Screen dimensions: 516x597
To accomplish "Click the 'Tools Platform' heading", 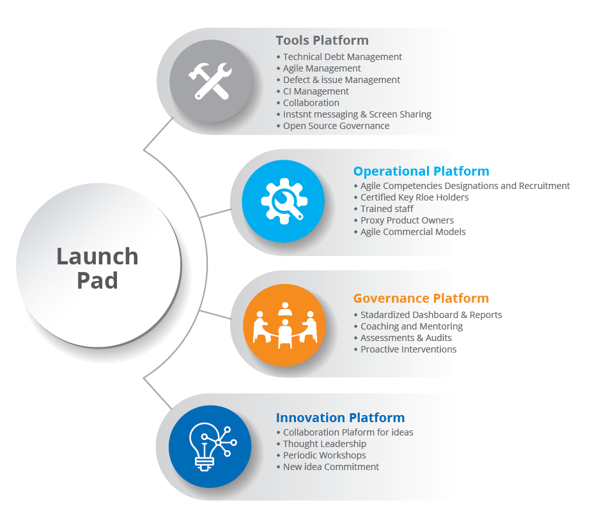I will (x=322, y=40).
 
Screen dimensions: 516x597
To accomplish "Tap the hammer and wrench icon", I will (x=209, y=82).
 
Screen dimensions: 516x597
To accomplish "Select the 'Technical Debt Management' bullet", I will (x=342, y=57).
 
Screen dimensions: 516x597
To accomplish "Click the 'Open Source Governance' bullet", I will (x=336, y=126).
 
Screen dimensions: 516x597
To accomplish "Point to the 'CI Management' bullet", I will (x=316, y=91).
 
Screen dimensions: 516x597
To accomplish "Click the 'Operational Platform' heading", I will (x=421, y=171).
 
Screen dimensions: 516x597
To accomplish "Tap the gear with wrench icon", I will (x=283, y=202).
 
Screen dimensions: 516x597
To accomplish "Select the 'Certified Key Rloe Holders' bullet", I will (x=414, y=197).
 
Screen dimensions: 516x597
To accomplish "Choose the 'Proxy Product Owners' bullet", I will (x=407, y=220).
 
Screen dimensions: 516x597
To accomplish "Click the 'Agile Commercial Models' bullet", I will (x=413, y=232).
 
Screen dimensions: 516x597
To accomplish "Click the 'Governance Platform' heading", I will (x=421, y=298).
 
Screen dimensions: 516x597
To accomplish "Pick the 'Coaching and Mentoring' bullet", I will (x=411, y=326).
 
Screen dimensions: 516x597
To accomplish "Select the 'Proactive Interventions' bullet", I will (x=408, y=349).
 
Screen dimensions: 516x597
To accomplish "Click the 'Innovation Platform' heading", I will (x=340, y=418).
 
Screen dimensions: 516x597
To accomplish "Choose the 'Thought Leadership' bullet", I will (x=324, y=444).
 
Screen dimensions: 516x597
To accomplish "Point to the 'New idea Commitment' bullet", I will (x=330, y=467).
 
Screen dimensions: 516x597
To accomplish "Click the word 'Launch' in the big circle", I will (x=97, y=257).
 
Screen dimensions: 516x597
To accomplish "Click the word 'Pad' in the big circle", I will (x=97, y=280).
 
